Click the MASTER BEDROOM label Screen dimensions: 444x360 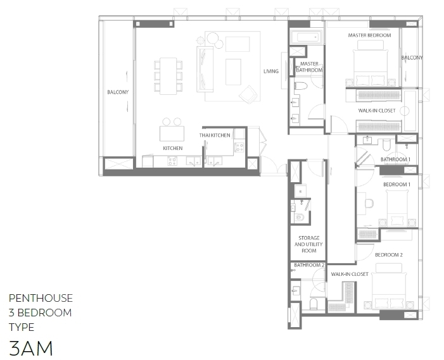(369, 35)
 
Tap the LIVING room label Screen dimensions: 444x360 (271, 71)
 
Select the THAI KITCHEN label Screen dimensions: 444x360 (215, 135)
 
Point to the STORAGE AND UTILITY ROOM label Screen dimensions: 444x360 (308, 244)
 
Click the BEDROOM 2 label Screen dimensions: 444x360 (389, 255)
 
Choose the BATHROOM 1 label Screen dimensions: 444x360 (395, 159)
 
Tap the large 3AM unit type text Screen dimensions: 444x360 (31, 348)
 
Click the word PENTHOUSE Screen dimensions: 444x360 (41, 298)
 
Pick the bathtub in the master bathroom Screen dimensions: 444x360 (306, 37)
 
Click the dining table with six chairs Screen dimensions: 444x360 (168, 76)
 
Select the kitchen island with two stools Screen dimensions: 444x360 (172, 130)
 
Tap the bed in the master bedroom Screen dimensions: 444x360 (370, 66)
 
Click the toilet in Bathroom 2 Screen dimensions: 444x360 (314, 304)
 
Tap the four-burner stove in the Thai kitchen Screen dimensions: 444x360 (239, 147)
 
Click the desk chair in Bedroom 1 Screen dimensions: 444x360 (369, 204)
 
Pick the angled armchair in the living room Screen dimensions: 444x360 (248, 94)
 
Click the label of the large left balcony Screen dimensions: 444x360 (118, 92)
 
